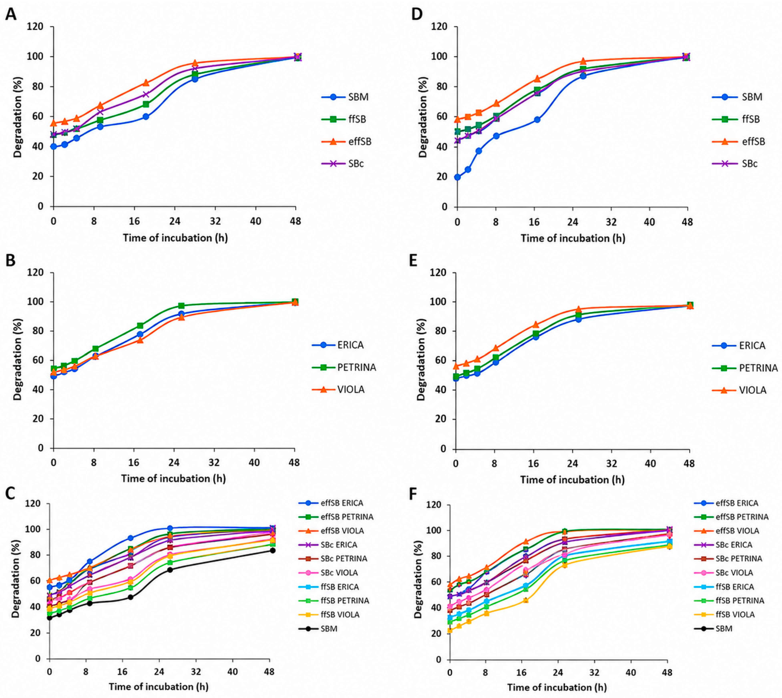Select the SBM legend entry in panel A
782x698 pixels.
pos(345,97)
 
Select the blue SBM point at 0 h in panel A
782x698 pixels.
pos(54,147)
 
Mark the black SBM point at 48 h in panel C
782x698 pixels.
pos(273,550)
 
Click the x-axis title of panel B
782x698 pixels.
pos(173,479)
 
